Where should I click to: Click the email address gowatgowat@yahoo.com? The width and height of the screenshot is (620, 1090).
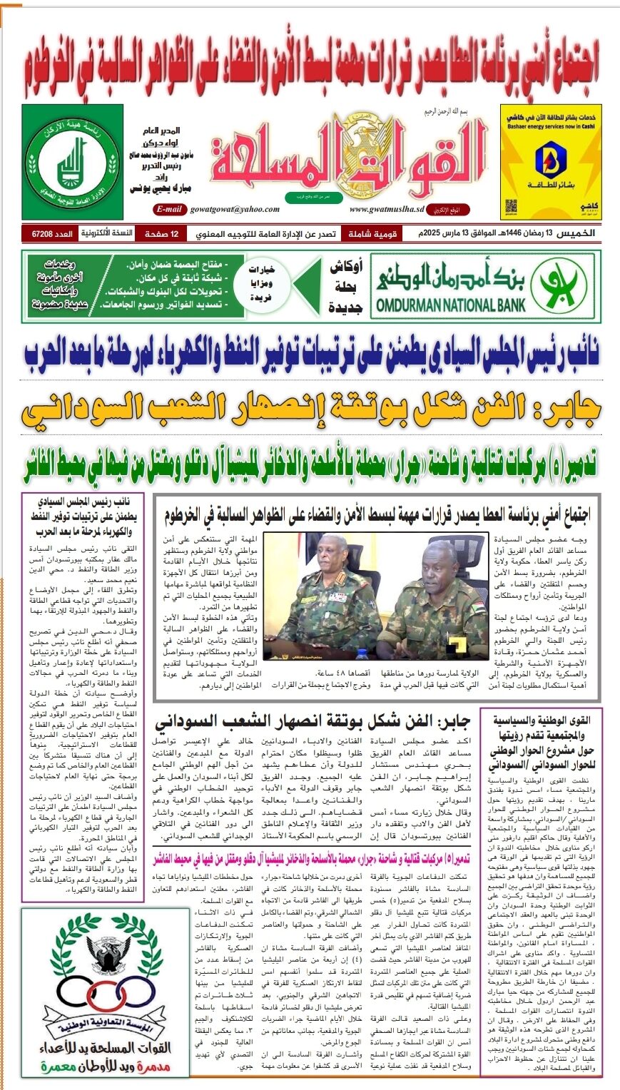[234, 209]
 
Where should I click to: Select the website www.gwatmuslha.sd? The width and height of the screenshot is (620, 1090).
[387, 209]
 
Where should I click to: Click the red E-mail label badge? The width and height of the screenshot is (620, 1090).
[170, 209]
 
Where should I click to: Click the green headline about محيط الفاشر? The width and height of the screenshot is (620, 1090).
[310, 464]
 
